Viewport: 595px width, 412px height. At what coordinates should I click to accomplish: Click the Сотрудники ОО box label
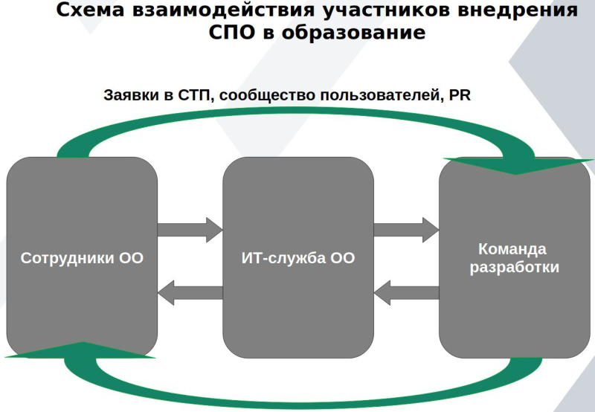82,259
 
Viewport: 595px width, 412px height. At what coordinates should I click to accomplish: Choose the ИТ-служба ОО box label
298,259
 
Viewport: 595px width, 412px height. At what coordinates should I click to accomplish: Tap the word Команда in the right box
512,248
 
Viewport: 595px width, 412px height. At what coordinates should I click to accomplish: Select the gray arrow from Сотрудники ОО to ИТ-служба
190,227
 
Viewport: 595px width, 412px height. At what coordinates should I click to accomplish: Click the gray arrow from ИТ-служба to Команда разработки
406,227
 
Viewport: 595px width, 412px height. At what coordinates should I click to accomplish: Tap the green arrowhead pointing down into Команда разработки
515,166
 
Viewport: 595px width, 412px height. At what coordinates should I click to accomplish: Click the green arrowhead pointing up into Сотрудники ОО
80,350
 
